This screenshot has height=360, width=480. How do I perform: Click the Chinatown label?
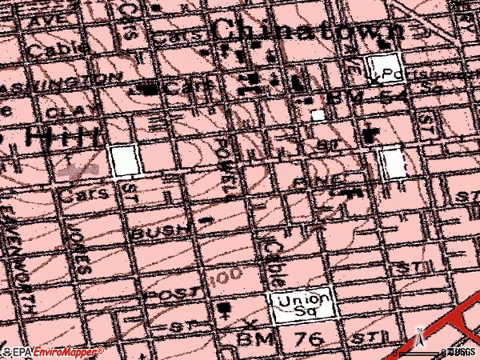point(307,32)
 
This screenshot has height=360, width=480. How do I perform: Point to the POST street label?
point(171,294)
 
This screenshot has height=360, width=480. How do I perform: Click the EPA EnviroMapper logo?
point(52,351)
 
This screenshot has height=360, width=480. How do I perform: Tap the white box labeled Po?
point(382,70)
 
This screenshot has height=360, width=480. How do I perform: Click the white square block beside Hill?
point(123,161)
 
